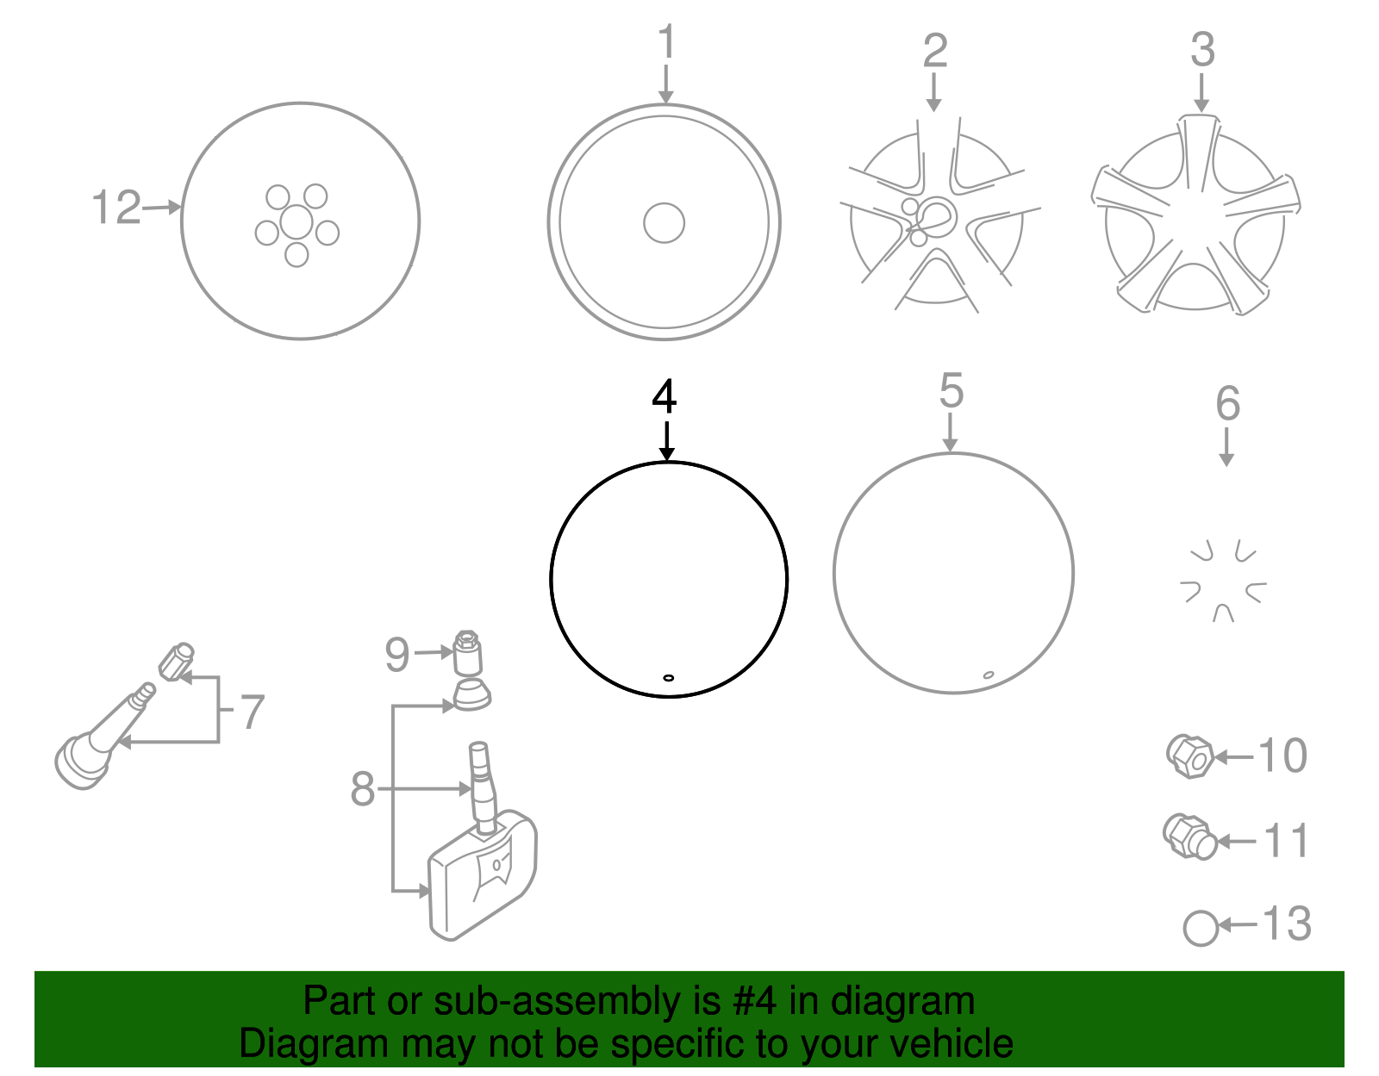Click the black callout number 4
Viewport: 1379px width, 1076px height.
tap(665, 396)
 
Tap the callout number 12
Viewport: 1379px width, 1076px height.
tap(116, 208)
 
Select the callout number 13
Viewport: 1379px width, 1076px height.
tap(1286, 924)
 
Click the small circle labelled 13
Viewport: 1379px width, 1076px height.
tap(1201, 929)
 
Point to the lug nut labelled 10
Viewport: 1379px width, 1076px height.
tap(1190, 756)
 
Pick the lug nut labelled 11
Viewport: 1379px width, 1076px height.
tap(1189, 837)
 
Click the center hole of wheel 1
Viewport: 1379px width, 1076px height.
tap(664, 223)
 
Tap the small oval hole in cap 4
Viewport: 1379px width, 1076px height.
tap(668, 678)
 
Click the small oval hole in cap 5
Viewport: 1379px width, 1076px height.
tap(988, 675)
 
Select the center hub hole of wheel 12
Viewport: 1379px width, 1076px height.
tap(296, 222)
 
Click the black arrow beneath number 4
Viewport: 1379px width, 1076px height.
tap(666, 441)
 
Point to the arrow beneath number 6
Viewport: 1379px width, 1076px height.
tap(1226, 448)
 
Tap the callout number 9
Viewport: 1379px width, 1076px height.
tap(397, 655)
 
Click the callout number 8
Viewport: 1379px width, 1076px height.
tap(362, 789)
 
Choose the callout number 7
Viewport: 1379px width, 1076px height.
tap(253, 712)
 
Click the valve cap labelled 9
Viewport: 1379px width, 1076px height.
tap(468, 652)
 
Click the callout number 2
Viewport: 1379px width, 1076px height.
tap(935, 51)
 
